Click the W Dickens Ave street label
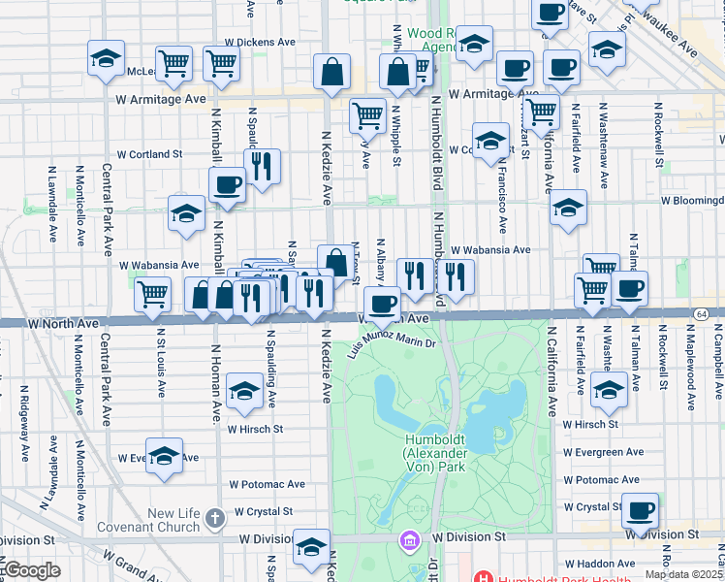click(260, 43)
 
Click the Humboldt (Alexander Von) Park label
click(434, 453)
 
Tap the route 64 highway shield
click(701, 314)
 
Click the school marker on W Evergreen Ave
click(165, 456)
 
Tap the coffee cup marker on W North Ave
click(384, 304)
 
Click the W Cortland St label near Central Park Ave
click(149, 153)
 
